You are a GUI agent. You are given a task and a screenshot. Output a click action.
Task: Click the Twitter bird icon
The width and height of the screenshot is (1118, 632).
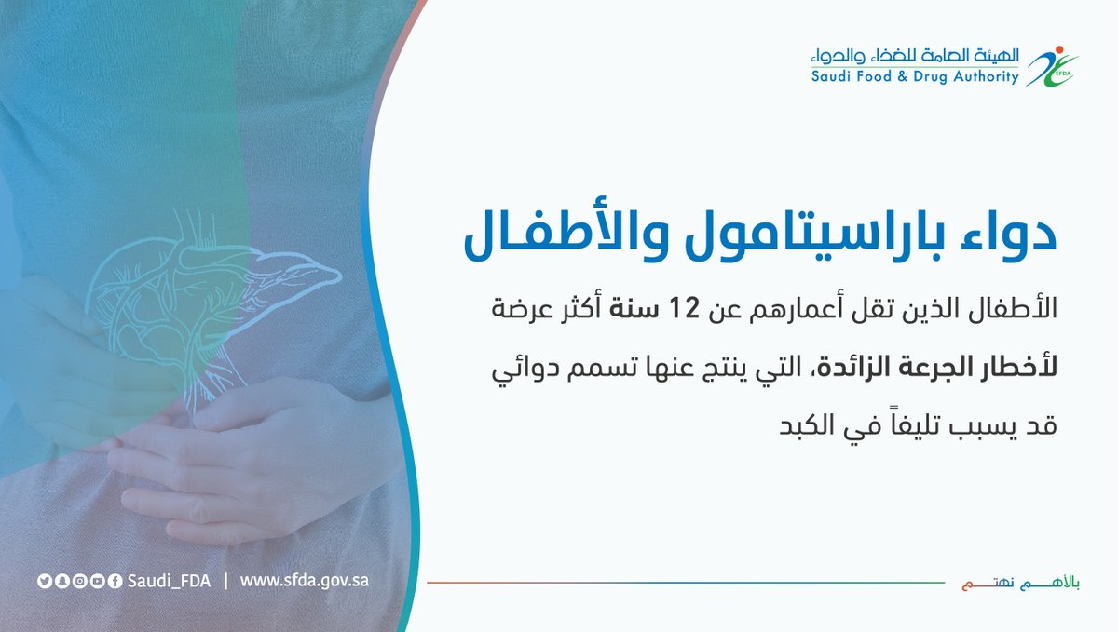(45, 581)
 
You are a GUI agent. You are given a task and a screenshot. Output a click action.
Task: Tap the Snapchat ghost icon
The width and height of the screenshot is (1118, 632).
(62, 581)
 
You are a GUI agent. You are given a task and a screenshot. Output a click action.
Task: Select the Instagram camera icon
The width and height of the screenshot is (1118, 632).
(80, 581)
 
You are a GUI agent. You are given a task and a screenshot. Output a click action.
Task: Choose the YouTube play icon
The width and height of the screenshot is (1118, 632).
(97, 581)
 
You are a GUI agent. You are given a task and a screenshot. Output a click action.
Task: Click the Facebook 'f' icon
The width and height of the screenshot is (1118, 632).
(115, 581)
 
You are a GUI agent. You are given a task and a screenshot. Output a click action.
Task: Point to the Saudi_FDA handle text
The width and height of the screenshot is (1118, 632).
(169, 582)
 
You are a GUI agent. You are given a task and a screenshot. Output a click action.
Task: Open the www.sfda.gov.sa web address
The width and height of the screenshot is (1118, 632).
(305, 581)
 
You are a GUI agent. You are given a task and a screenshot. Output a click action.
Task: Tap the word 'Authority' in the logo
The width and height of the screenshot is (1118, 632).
(987, 77)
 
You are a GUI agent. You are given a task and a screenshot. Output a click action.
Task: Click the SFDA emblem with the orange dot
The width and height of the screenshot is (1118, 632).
(1052, 67)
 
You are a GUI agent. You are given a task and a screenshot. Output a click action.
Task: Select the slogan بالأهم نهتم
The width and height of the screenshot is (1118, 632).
(1021, 583)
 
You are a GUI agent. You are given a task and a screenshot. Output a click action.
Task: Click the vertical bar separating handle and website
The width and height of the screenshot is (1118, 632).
(226, 581)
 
